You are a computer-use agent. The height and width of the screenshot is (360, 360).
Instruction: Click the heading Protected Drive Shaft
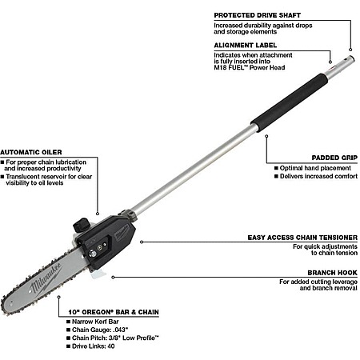(258, 15)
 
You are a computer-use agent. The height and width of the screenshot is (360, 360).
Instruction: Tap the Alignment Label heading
(246, 46)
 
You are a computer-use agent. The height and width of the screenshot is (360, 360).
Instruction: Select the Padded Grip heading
(334, 158)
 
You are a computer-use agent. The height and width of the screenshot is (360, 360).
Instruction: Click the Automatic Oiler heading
(31, 152)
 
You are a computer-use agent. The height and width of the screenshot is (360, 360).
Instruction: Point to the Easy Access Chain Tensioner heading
(302, 238)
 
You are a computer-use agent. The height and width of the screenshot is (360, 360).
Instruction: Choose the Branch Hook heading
(333, 273)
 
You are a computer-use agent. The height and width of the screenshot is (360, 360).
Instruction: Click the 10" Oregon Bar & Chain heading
(114, 312)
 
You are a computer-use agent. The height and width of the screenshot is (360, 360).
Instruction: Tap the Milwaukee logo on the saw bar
(46, 278)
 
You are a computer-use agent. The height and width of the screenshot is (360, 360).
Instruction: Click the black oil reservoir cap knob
(81, 225)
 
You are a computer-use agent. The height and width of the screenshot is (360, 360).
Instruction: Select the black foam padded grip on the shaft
(290, 103)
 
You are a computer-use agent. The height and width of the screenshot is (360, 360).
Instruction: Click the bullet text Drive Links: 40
(94, 346)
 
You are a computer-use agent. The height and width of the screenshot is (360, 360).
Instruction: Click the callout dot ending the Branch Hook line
(113, 278)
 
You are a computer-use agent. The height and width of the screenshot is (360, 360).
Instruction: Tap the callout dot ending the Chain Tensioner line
(142, 242)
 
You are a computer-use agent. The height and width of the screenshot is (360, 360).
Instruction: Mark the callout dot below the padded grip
(266, 136)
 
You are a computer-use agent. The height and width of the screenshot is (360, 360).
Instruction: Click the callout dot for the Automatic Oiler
(98, 214)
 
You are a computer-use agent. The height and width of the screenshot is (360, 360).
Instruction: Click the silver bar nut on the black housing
(92, 254)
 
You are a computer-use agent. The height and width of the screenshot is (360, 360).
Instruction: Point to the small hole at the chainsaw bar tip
(11, 303)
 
